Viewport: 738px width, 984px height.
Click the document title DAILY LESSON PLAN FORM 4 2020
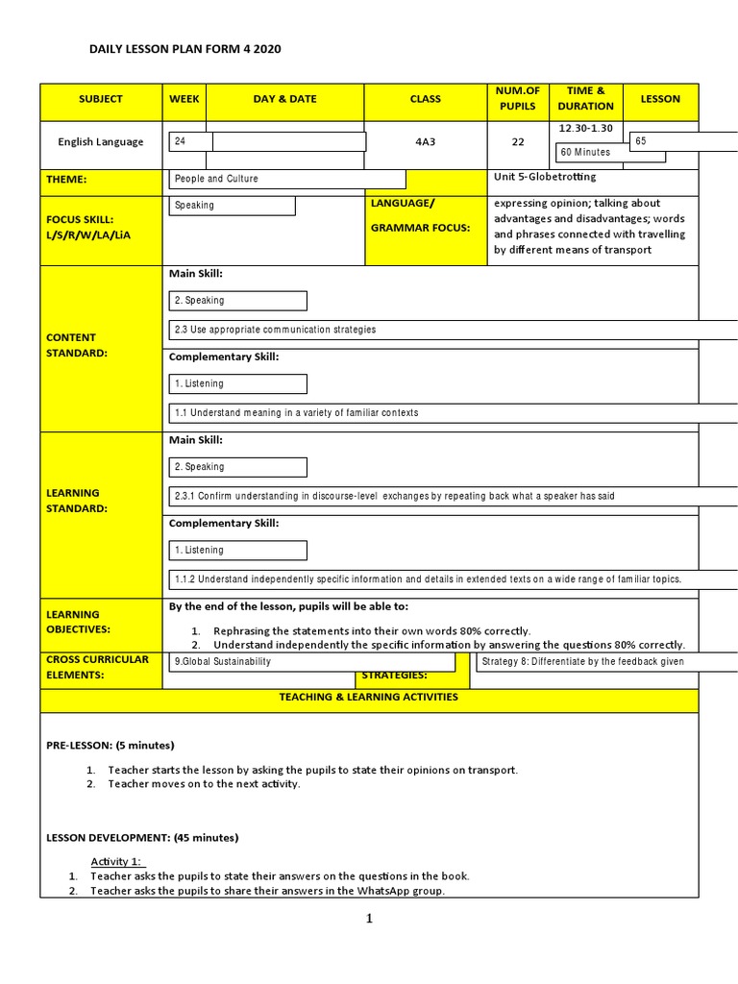[185, 48]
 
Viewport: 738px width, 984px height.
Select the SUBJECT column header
[101, 99]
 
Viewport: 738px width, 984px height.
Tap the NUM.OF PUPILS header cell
[518, 98]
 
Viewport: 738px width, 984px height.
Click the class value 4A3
[425, 142]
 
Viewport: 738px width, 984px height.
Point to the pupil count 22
[518, 142]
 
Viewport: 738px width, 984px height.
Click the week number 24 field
[190, 141]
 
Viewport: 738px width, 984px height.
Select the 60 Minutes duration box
[591, 152]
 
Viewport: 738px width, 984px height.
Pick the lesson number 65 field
[682, 141]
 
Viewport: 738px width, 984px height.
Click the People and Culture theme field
[286, 179]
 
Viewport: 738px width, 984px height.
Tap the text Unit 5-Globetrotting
[545, 177]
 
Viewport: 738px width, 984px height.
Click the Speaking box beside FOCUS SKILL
[232, 206]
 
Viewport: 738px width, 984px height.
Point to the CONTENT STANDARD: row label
[77, 345]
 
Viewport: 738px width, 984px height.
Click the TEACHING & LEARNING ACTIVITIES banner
[369, 698]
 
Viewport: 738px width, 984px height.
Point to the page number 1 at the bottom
[368, 919]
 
